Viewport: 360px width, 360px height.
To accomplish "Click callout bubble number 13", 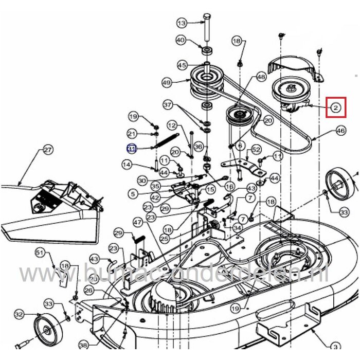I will click(x=182, y=23).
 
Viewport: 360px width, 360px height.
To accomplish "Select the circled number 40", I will click(x=181, y=40).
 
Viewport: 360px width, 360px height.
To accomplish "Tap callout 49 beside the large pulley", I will click(x=166, y=82).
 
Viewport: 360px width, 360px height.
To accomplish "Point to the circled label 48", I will click(x=261, y=77).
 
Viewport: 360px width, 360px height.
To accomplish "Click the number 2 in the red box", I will click(x=335, y=107).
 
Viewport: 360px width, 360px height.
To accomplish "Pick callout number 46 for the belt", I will click(x=340, y=132).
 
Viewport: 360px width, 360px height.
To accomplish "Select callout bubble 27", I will click(x=47, y=150).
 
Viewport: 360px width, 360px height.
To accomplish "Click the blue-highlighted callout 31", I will click(x=132, y=149).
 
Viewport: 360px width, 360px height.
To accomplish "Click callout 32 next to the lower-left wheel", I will click(x=19, y=314).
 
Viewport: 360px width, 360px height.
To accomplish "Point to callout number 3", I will click(x=334, y=346).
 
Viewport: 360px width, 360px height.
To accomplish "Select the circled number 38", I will click(x=83, y=346).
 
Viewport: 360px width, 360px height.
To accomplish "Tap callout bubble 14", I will click(x=127, y=164).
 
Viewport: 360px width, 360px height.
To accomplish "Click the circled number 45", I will click(x=182, y=65).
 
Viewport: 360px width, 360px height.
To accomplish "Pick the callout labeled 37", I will click(x=167, y=105).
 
